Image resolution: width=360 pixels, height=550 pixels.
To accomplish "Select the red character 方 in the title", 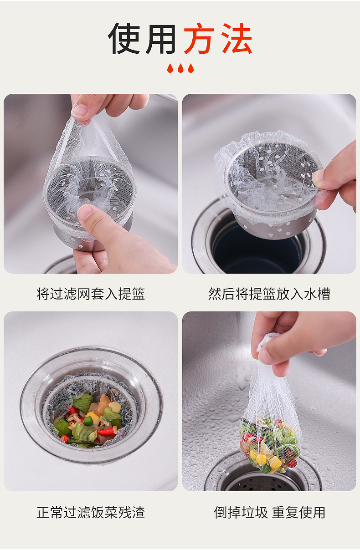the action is (200, 39).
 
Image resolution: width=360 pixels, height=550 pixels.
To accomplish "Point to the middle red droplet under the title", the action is (180, 68).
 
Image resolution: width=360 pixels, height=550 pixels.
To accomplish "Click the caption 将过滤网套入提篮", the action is (91, 294).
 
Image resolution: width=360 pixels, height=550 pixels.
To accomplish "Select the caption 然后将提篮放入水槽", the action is (269, 294).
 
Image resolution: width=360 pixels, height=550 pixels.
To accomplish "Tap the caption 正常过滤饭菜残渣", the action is (91, 512).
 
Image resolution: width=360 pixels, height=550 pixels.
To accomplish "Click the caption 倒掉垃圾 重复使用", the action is (270, 512).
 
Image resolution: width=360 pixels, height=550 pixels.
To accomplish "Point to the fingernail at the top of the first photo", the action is (79, 110).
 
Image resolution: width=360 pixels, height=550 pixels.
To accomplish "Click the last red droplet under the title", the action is (190, 68).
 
